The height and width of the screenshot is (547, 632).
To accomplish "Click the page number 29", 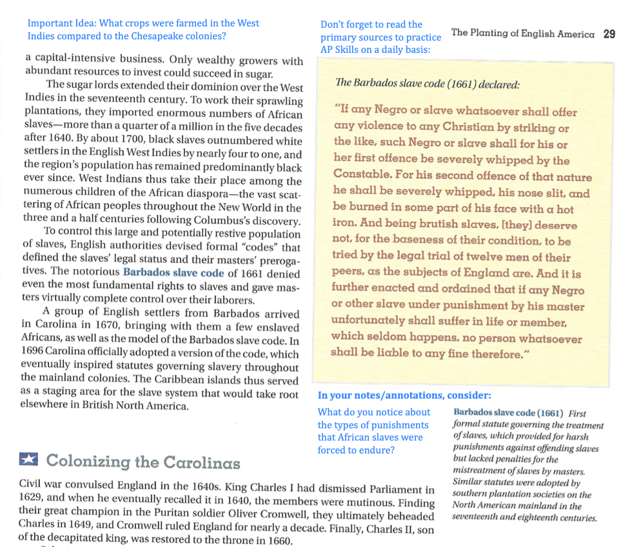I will point(609,34).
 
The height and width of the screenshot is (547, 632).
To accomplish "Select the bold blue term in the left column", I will point(173,272).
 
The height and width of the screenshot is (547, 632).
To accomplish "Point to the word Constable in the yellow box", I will point(363,175).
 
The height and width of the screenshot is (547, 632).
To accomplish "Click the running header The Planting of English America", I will point(522,34).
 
